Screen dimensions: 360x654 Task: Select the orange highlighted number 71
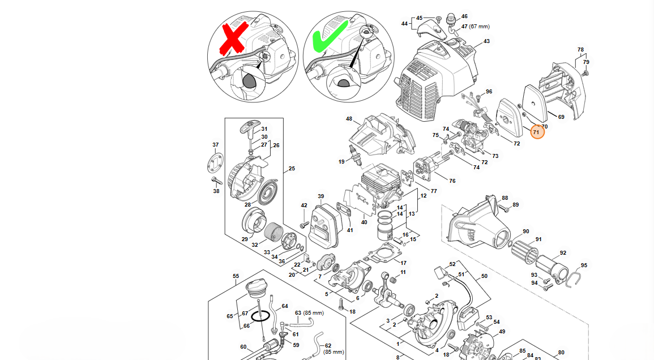(x=537, y=132)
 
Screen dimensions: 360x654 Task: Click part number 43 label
(x=486, y=41)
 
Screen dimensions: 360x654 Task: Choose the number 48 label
(x=349, y=119)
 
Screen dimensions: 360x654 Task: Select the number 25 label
(x=292, y=169)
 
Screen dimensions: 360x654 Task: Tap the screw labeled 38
(x=215, y=181)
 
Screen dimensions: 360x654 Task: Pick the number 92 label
(x=563, y=253)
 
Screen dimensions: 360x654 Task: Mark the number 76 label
(x=452, y=181)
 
